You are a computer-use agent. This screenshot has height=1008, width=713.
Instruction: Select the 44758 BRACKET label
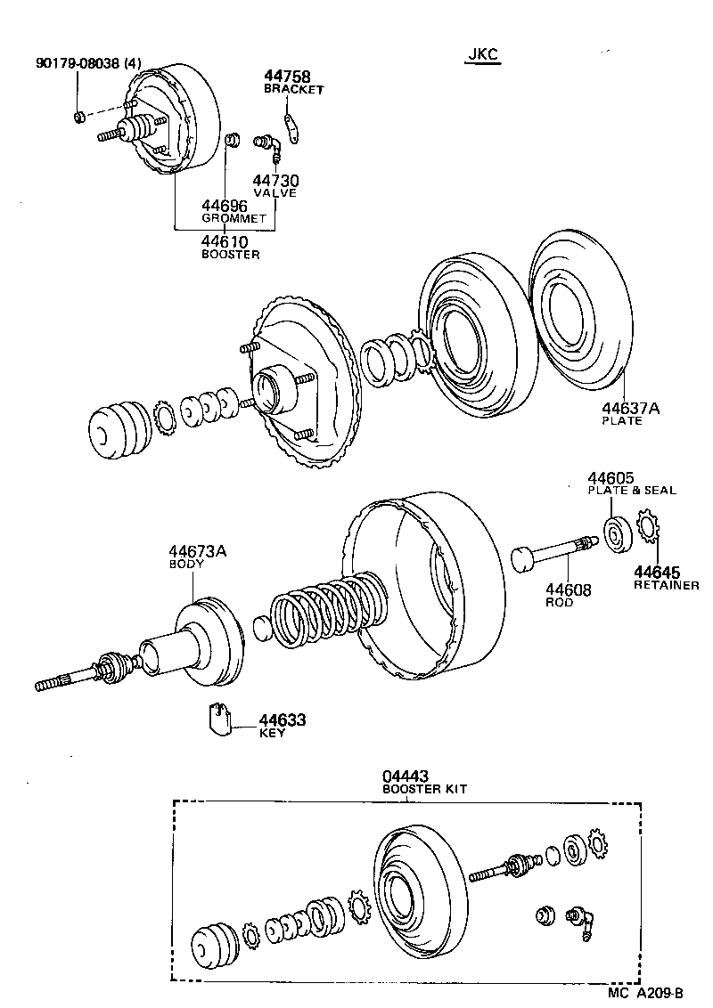pos(293,83)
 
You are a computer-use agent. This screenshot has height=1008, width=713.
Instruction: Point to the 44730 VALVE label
pos(275,185)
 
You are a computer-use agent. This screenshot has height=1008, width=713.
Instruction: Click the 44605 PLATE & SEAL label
pos(630,484)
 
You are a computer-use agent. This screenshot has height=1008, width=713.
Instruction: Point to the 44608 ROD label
pos(568,594)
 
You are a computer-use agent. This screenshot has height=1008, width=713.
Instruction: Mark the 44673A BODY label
pos(198,557)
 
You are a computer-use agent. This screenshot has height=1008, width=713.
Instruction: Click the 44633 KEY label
pos(282,725)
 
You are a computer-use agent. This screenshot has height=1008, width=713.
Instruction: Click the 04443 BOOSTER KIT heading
pos(424,783)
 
